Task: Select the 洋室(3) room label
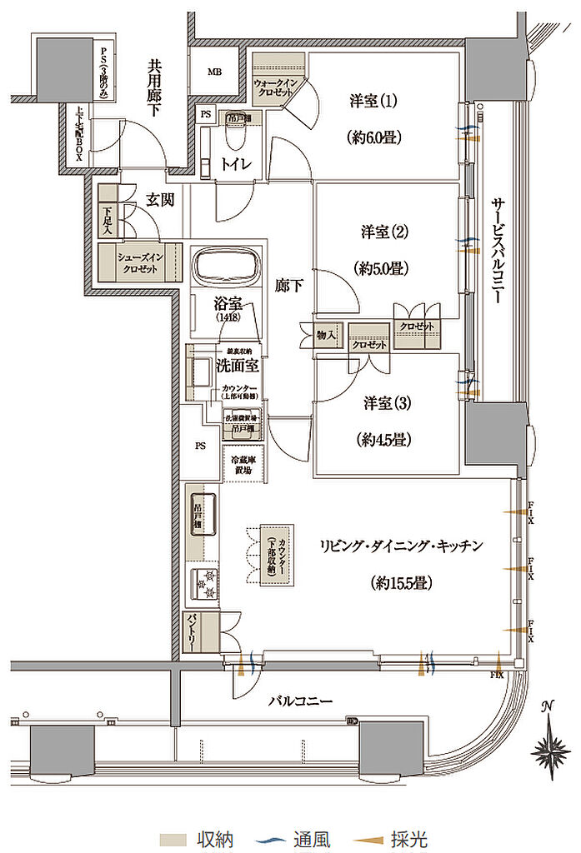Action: point(384,403)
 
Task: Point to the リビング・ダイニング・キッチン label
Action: point(401,546)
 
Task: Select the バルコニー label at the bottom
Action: point(300,701)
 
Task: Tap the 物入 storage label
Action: point(327,336)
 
